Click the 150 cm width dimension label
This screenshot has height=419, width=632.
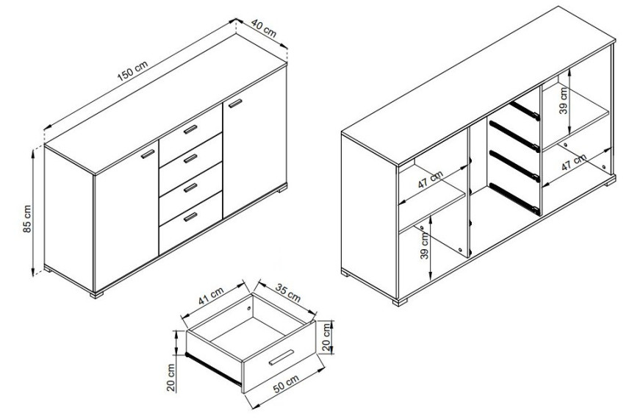[132, 70]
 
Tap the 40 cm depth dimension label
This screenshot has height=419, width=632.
[264, 28]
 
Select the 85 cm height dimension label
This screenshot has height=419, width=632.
[27, 219]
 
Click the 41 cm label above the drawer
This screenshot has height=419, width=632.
[210, 296]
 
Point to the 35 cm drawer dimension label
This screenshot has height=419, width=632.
[288, 293]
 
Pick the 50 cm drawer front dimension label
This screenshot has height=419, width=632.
[286, 384]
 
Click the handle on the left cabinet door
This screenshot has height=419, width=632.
[148, 154]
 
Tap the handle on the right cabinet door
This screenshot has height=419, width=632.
[235, 103]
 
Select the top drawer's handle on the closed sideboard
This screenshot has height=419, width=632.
[190, 129]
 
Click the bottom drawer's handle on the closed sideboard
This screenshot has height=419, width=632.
[190, 217]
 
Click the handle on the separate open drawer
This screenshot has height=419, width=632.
[281, 358]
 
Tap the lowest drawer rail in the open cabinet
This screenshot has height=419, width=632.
[514, 198]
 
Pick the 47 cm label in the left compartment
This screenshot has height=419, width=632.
[430, 180]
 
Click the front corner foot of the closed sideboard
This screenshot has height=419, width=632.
[97, 295]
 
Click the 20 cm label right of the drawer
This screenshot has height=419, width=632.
[326, 337]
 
